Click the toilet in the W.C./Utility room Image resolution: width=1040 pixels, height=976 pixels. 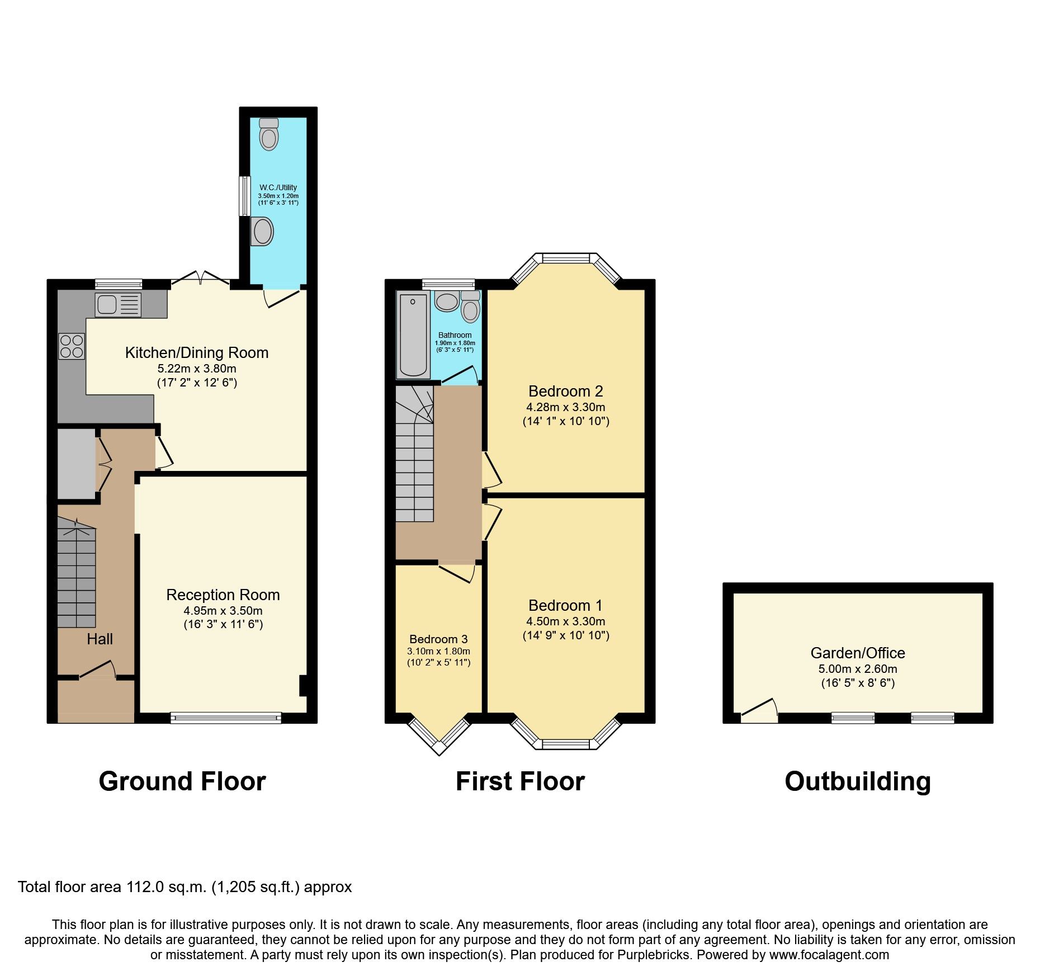click(x=269, y=134)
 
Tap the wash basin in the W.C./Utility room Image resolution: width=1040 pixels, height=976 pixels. click(x=262, y=231)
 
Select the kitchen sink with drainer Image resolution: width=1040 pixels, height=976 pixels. click(x=118, y=305)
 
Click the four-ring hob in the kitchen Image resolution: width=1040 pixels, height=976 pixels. click(x=72, y=346)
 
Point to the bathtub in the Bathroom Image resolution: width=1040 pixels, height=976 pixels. click(x=413, y=335)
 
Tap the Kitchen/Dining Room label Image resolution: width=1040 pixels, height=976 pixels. click(x=197, y=353)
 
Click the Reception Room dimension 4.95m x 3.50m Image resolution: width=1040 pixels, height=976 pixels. click(x=223, y=611)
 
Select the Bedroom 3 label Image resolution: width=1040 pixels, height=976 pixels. click(x=438, y=639)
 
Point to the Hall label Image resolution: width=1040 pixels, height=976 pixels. click(x=100, y=639)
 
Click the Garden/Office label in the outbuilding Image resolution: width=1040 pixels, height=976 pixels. click(x=858, y=653)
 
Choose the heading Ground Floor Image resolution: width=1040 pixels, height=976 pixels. click(x=182, y=781)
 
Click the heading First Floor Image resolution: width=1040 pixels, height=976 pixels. click(x=520, y=781)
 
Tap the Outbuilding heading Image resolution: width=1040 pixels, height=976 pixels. click(x=858, y=781)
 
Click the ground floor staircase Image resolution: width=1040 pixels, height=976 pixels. click(x=77, y=576)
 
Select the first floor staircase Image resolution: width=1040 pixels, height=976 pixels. click(x=414, y=459)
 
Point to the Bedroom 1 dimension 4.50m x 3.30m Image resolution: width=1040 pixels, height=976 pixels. click(x=565, y=621)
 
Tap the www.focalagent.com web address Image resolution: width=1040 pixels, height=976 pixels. click(x=829, y=955)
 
